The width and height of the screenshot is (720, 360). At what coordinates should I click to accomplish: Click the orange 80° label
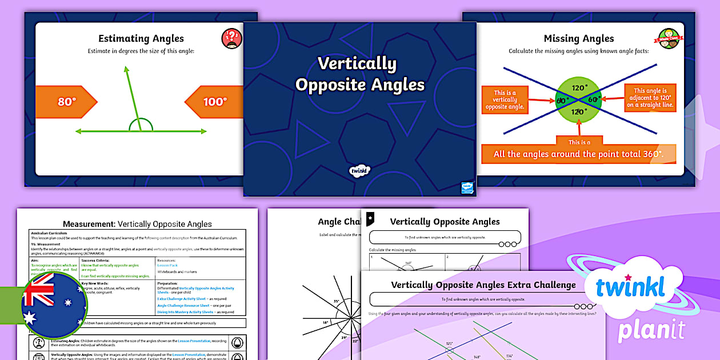click(66, 102)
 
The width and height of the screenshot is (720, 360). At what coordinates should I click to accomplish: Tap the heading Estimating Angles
click(141, 39)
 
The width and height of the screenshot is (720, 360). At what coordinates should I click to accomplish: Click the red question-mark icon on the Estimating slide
click(231, 39)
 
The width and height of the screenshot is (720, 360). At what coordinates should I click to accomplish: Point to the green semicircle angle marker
click(141, 125)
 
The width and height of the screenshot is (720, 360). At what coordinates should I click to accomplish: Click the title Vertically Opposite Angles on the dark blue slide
click(359, 74)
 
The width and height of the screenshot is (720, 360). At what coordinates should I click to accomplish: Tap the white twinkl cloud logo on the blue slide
click(360, 170)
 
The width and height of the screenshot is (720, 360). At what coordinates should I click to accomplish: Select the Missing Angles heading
click(578, 39)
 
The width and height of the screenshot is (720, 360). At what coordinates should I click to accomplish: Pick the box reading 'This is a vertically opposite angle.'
click(505, 100)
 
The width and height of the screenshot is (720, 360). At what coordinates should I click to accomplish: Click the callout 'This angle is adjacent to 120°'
click(650, 98)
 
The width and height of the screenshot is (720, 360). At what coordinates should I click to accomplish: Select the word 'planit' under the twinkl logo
click(651, 330)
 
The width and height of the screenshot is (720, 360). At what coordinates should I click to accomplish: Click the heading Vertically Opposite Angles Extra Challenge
click(483, 285)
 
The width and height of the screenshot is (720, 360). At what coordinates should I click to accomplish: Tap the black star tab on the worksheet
click(371, 218)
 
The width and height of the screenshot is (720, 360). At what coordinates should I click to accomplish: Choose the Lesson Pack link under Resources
click(167, 266)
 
